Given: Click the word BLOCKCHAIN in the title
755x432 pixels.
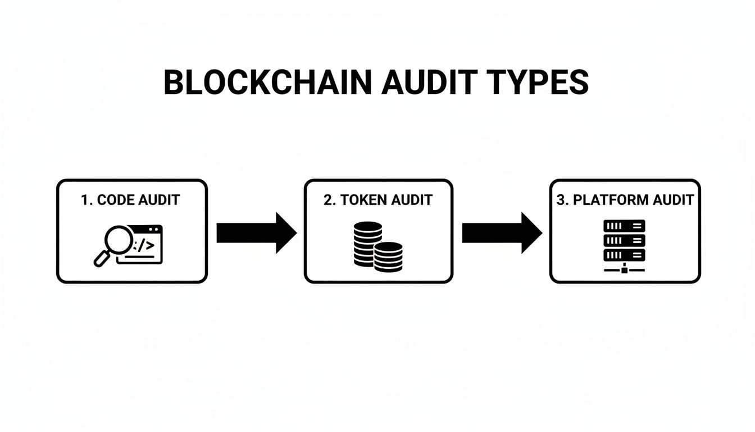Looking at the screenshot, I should pos(267,83).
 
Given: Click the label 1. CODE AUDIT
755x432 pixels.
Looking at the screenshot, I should pos(130,200).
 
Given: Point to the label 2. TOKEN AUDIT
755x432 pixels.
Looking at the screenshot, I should pos(378,200).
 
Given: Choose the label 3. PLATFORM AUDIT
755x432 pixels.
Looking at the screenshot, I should pos(625,200).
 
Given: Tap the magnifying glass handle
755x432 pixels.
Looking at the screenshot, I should pos(102,259).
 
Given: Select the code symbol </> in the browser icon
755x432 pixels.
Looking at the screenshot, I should pos(144,245).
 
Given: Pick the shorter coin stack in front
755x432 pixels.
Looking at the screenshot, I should pos(389,256).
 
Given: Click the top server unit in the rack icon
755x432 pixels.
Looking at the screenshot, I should pos(624,226).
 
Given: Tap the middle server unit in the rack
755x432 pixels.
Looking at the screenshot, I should pos(624,240).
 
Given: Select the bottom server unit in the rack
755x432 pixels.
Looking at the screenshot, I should pos(624,254).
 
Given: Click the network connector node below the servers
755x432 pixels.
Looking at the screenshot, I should pos(624,270).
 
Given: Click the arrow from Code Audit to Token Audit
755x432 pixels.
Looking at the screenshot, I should pos(256,233).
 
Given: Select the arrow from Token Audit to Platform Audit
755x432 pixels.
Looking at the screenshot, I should pos(502,233).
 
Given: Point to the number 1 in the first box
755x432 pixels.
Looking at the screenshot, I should pos(85,200).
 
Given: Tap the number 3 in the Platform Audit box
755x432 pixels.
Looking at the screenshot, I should pos(560,200).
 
